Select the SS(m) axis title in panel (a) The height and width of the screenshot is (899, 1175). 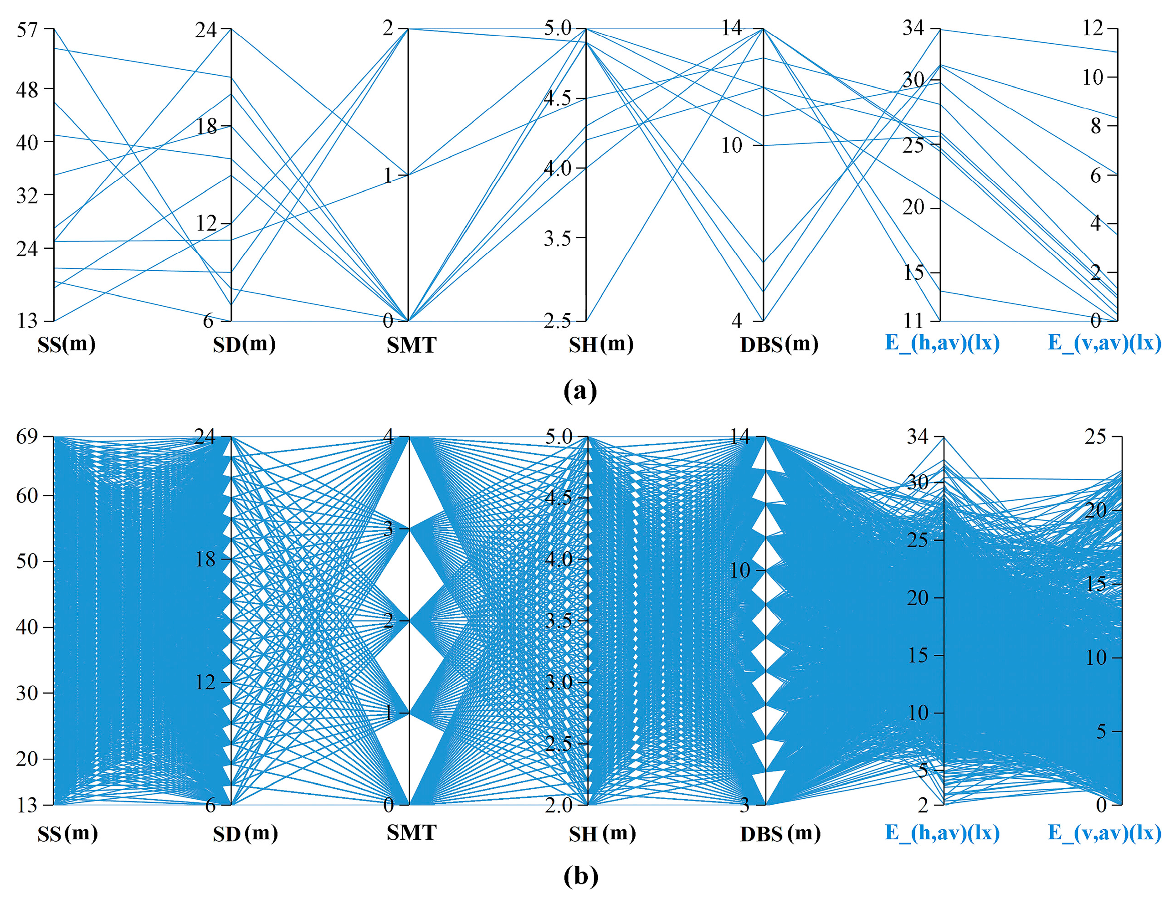[x=67, y=344]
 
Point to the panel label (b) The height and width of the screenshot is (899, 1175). [x=580, y=876]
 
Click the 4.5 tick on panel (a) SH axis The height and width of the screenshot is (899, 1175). [x=558, y=98]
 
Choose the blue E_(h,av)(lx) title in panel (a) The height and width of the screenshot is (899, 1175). [x=942, y=343]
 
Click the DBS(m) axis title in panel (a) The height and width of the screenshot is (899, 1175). [x=779, y=344]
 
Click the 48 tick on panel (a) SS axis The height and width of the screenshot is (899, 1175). [x=27, y=89]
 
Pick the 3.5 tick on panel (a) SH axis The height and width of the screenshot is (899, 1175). [x=558, y=238]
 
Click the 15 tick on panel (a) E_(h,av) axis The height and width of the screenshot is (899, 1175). [x=913, y=272]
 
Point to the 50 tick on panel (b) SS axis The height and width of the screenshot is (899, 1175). [x=27, y=561]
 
